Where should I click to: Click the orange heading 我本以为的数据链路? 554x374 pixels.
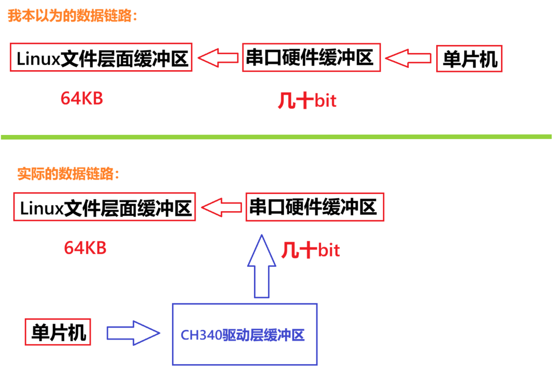tap(72, 16)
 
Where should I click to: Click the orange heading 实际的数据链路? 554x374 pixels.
tap(68, 174)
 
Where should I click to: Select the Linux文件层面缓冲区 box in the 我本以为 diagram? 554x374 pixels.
tap(101, 58)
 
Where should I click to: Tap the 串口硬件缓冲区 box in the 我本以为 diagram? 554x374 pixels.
tap(311, 58)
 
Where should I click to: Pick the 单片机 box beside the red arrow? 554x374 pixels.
tap(469, 59)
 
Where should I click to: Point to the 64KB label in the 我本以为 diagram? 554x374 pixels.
tap(82, 98)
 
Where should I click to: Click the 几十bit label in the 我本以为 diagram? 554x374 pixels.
tap(307, 101)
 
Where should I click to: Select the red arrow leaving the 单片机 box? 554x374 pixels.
tap(408, 58)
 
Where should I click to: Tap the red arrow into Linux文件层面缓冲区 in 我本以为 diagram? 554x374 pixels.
tap(218, 58)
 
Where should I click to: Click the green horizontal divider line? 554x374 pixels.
tap(276, 137)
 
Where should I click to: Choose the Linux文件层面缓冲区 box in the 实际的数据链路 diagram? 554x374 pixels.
tap(104, 207)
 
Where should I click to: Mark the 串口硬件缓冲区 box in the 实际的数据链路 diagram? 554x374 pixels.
tap(315, 207)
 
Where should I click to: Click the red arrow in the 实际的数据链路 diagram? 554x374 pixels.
tap(221, 207)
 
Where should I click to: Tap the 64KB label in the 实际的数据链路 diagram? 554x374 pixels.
tap(85, 248)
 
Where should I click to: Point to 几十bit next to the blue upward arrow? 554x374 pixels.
tap(310, 250)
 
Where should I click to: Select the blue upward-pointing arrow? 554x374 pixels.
tap(262, 267)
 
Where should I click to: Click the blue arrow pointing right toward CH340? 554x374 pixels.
tap(133, 333)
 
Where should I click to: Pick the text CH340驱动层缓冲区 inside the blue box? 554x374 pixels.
tap(242, 335)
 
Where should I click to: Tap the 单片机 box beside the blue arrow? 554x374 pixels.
tap(58, 332)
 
